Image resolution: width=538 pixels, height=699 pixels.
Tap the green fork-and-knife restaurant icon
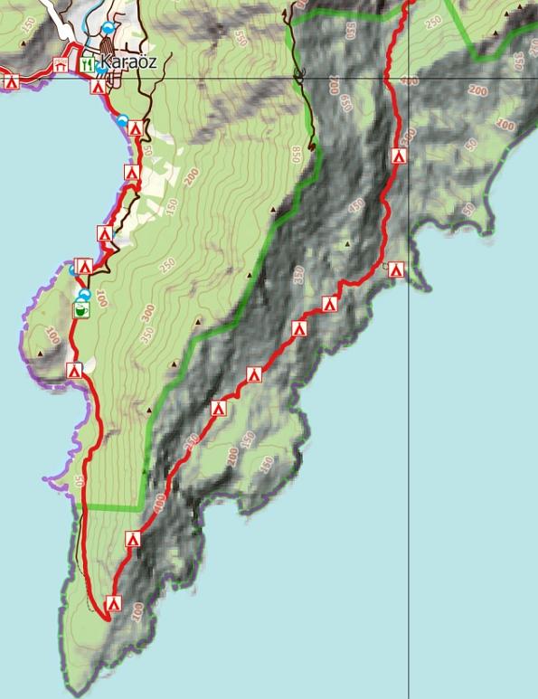pyautogui.click(x=88, y=64)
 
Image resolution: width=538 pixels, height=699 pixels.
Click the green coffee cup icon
pyautogui.click(x=80, y=310)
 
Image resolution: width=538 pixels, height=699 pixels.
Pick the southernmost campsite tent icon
pyautogui.click(x=114, y=603)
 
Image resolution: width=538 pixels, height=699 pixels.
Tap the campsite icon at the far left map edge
pyautogui.click(x=12, y=82)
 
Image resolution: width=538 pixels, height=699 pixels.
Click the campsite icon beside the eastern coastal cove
pyautogui.click(x=394, y=269)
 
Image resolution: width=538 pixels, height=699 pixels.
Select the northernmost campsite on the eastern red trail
pyautogui.click(x=399, y=156)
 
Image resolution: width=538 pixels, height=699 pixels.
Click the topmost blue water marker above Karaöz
pyautogui.click(x=109, y=29)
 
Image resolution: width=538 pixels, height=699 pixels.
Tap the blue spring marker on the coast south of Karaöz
pyautogui.click(x=122, y=119)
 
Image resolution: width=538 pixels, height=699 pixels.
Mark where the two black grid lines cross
pyautogui.click(x=409, y=78)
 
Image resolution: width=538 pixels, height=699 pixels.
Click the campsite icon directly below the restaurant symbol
pyautogui.click(x=97, y=88)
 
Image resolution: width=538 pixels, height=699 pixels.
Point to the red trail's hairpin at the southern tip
pyautogui.click(x=106, y=619)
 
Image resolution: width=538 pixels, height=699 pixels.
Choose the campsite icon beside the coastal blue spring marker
pyautogui.click(x=135, y=129)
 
